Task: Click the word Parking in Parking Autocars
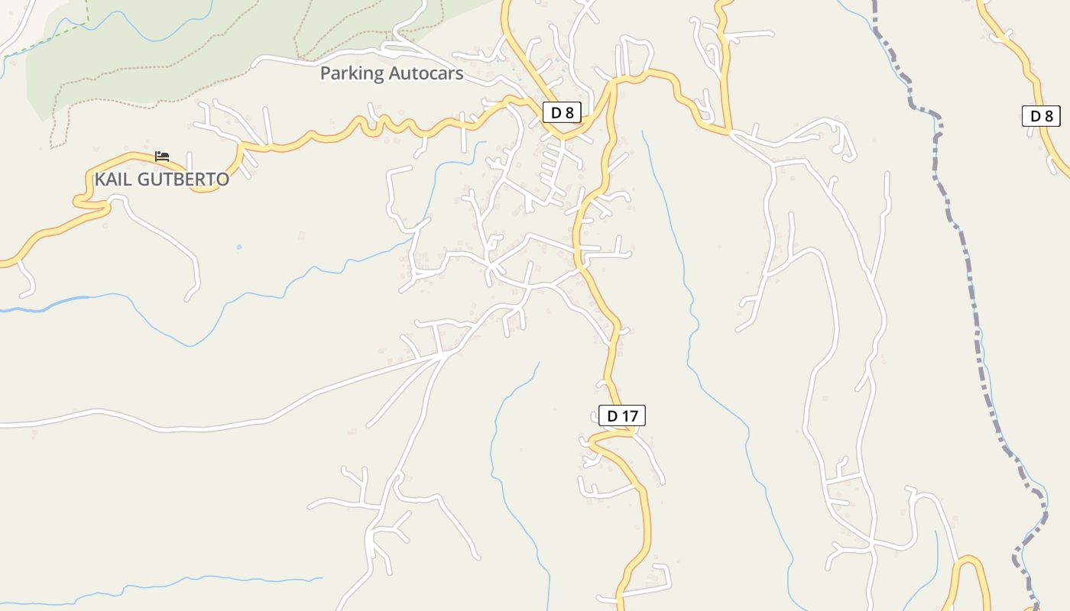352,73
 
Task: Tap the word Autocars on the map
426,73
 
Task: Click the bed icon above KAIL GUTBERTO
161,156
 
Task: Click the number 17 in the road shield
629,415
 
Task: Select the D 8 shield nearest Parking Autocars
562,113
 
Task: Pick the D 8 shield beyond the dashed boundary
1041,116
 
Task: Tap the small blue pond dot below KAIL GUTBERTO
239,247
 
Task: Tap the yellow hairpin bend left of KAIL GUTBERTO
79,201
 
